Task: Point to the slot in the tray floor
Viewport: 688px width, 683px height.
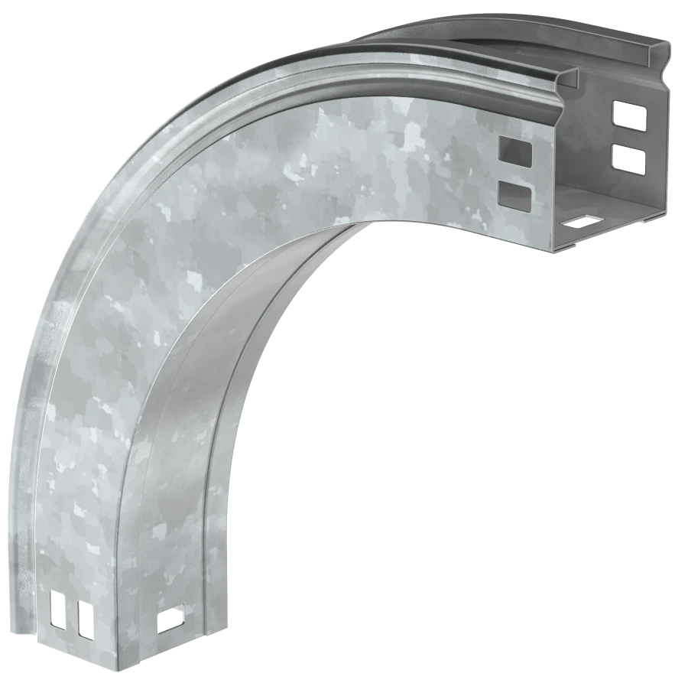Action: coord(580,223)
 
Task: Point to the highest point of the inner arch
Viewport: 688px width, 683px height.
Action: coord(367,222)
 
